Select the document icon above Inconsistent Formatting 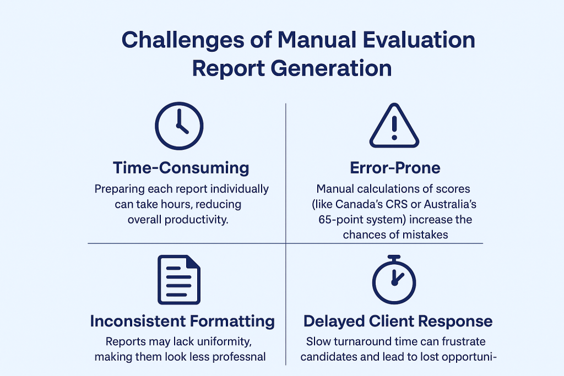179,280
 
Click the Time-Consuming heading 181,168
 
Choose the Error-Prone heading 395,168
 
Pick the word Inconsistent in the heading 137,321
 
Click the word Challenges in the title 183,40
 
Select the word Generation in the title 331,68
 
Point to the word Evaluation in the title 419,40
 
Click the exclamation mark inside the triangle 394,128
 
